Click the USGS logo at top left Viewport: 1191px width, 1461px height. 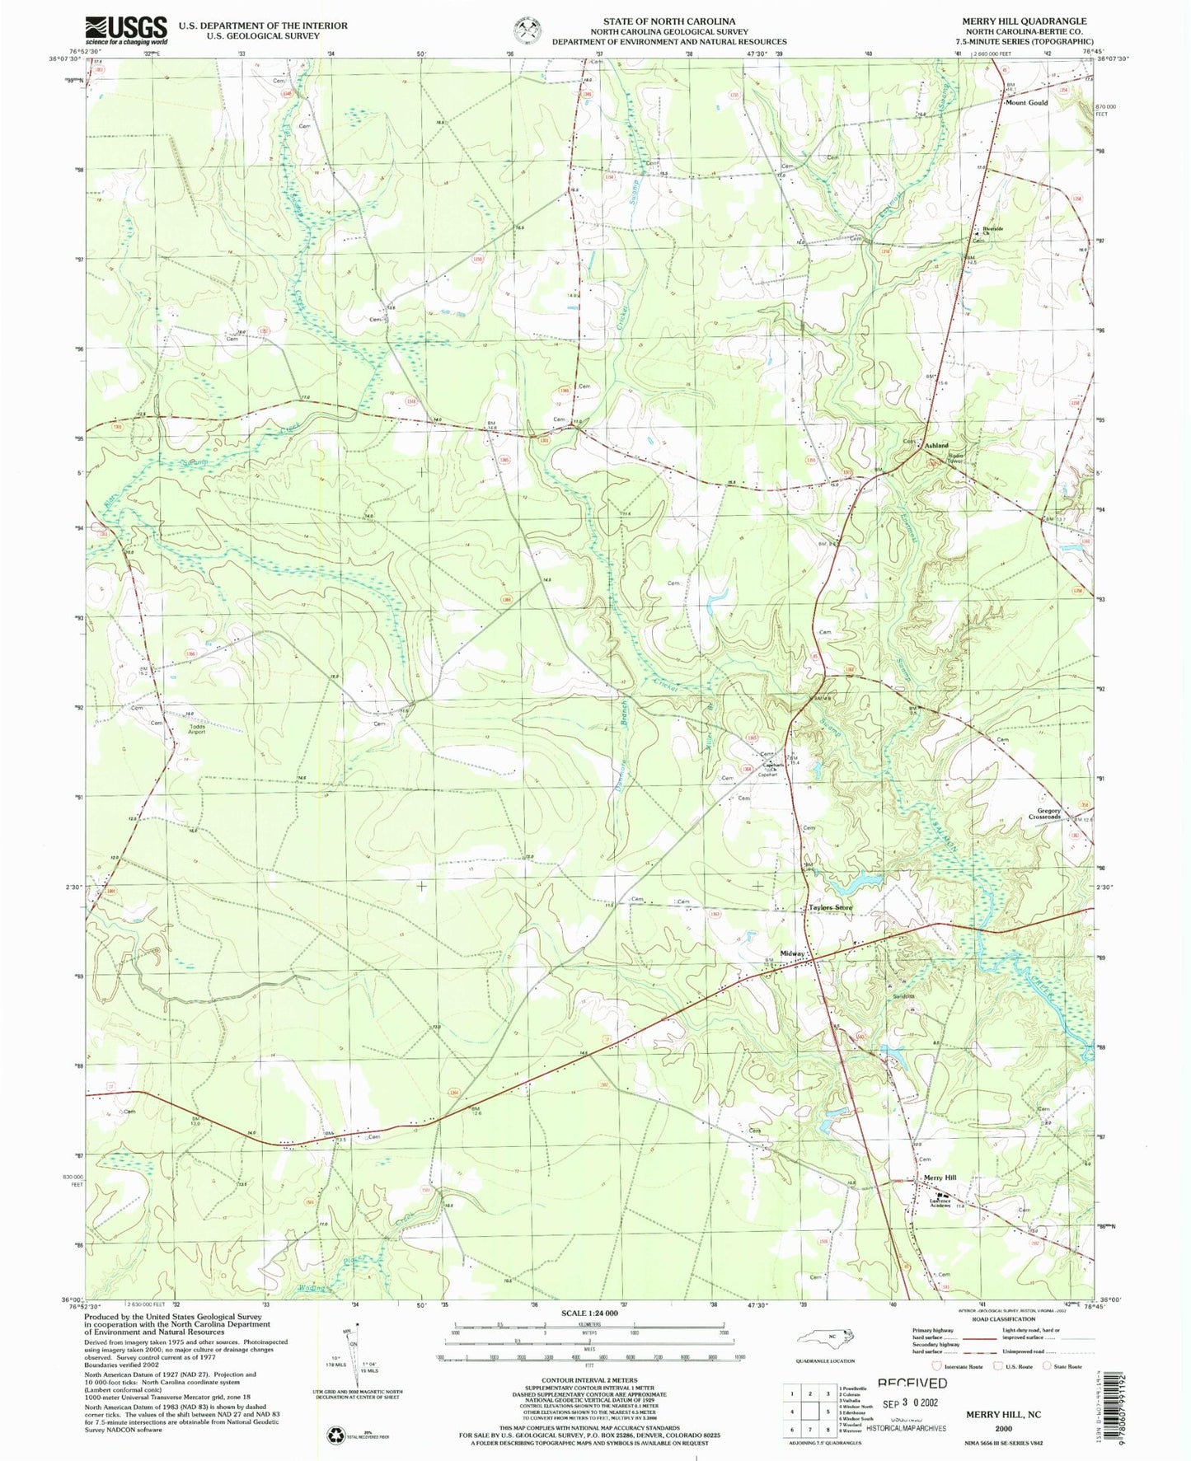[x=126, y=30]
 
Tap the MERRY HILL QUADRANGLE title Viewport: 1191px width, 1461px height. [x=1023, y=21]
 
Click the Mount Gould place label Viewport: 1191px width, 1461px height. [x=1026, y=103]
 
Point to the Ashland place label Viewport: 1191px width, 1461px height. [x=936, y=445]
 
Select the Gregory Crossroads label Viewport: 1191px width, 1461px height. [x=1043, y=813]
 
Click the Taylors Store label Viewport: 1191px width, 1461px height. [x=830, y=907]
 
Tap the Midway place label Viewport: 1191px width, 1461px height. [x=792, y=953]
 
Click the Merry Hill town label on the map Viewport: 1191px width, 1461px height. [x=940, y=1178]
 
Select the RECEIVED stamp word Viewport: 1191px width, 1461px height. [x=912, y=1384]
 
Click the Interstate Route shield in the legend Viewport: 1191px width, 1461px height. [x=936, y=1366]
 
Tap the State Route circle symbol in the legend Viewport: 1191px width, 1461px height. [x=1047, y=1366]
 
